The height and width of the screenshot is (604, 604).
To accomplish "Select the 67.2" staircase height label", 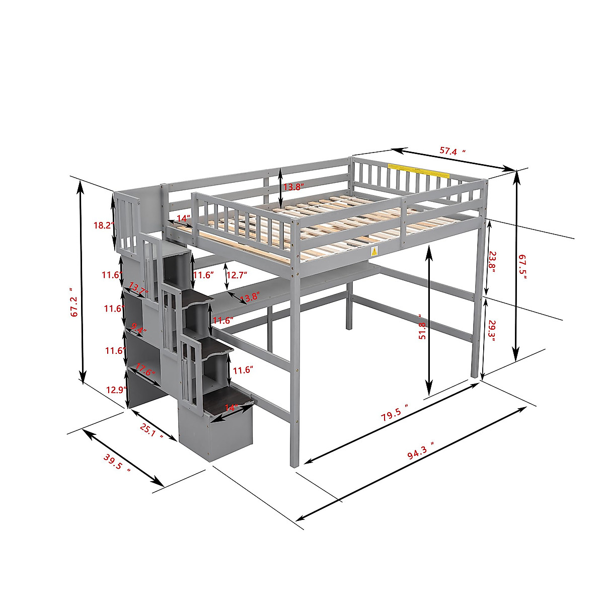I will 74,302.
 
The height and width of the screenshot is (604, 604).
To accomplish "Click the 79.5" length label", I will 394,414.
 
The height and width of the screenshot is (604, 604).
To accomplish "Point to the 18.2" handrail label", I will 103,225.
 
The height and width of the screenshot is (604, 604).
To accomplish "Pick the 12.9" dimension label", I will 114,389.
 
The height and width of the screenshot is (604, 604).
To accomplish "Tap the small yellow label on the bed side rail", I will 374,251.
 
